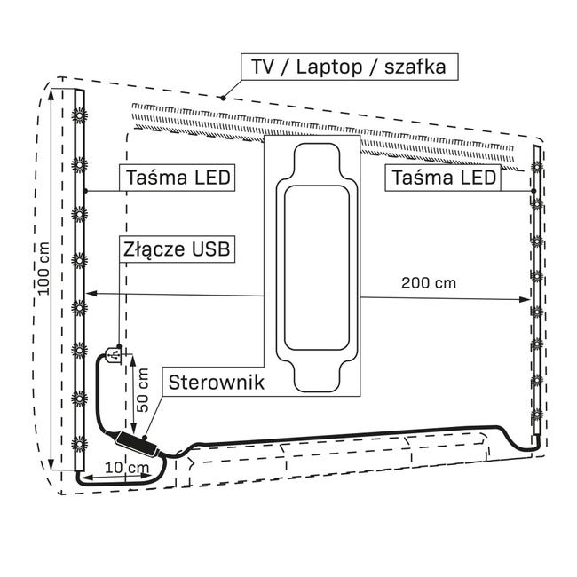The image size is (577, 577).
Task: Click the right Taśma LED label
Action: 442,178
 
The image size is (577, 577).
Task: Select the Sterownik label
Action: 211,383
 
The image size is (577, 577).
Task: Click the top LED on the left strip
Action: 79,115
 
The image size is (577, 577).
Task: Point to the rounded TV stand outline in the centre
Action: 314,265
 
